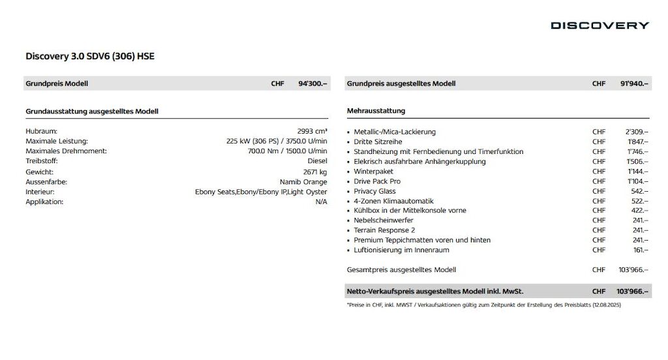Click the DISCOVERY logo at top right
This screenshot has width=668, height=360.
click(x=600, y=25)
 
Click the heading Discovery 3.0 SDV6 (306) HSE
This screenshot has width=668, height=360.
click(x=90, y=56)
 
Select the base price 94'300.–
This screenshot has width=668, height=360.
click(x=312, y=83)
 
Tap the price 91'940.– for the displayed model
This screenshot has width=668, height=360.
click(x=634, y=83)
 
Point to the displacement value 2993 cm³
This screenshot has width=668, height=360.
click(x=312, y=131)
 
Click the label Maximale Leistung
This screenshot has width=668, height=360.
click(x=57, y=141)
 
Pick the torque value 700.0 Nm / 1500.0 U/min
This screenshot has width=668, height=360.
click(x=287, y=151)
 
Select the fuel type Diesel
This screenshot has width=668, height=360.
click(x=317, y=160)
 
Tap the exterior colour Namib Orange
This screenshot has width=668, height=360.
click(x=303, y=182)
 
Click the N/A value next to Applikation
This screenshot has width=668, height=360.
click(x=321, y=202)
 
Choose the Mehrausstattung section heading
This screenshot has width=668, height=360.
click(x=376, y=111)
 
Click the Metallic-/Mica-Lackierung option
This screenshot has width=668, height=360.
click(x=395, y=132)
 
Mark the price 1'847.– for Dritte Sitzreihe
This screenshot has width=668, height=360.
click(x=637, y=142)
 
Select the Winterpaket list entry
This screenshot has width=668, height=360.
click(x=373, y=172)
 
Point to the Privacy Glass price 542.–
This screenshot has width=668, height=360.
click(x=640, y=191)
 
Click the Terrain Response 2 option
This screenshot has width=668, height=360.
click(x=384, y=230)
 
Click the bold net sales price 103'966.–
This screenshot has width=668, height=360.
click(x=632, y=291)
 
